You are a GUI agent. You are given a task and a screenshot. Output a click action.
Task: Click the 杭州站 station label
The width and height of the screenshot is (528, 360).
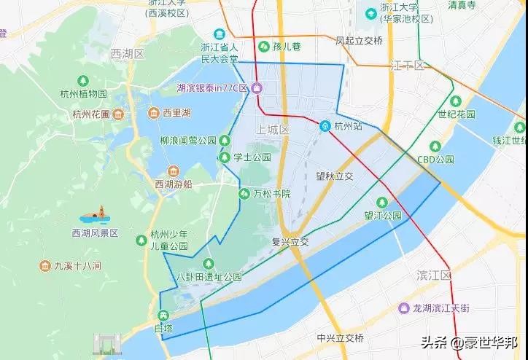click(x=349, y=126)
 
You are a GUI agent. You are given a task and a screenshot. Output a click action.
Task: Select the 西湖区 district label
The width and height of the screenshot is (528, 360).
click(x=128, y=55)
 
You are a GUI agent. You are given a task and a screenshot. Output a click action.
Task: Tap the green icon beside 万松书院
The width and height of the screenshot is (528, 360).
click(x=244, y=193)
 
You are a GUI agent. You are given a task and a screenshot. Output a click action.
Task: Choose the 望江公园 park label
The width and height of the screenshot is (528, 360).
click(x=383, y=216)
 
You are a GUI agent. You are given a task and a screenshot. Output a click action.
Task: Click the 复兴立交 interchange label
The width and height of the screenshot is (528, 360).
click(x=290, y=241)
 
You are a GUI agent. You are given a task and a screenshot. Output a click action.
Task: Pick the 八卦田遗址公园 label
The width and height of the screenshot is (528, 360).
click(x=209, y=277)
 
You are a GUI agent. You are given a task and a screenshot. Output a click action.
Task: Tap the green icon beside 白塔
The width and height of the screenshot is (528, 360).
click(x=163, y=316)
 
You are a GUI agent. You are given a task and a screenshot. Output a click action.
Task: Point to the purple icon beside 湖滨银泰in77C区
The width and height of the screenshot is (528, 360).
click(x=257, y=88)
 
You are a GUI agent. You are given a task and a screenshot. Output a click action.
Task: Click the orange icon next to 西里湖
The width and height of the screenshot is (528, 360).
click(x=153, y=113)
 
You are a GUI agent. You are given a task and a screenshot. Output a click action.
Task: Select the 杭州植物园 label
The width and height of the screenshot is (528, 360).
click(x=84, y=94)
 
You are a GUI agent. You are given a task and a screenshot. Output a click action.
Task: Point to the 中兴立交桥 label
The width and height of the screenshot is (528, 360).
click(x=340, y=338)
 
